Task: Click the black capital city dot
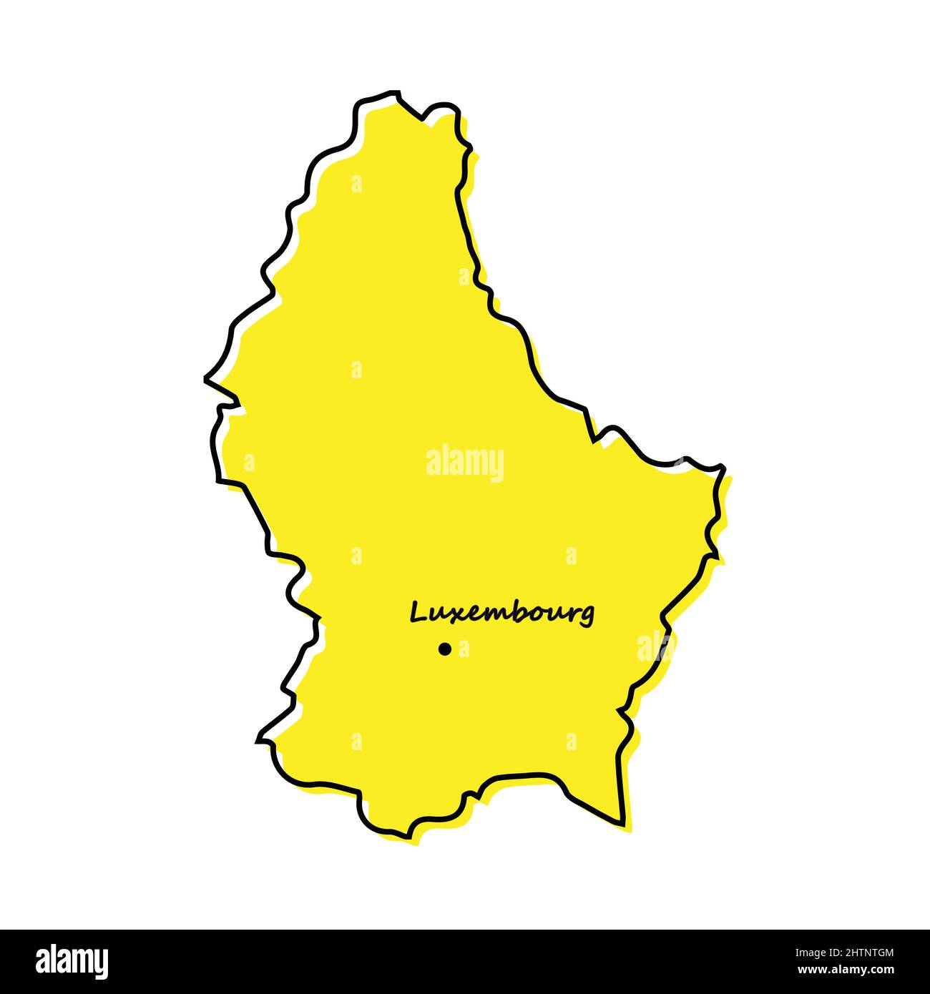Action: pos(444,649)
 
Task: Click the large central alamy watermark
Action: pos(465,463)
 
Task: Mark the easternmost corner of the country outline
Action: pos(724,468)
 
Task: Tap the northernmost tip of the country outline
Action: pos(396,92)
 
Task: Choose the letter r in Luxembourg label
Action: pos(571,614)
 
